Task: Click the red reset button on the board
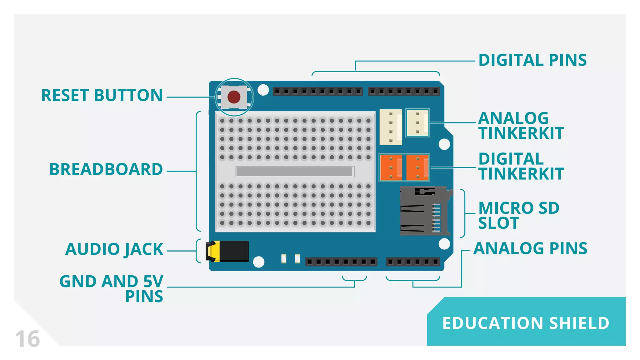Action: [x=234, y=97]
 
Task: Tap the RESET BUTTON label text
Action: [x=102, y=95]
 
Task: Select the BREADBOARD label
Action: [x=106, y=169]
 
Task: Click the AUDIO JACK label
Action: [x=114, y=249]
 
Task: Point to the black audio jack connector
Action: [x=228, y=251]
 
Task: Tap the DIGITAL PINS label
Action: [x=532, y=60]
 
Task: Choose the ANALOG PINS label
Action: [x=530, y=249]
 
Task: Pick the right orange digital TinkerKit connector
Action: [x=418, y=168]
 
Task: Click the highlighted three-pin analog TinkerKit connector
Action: [x=417, y=123]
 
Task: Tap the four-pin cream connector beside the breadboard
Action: [x=391, y=127]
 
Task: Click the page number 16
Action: [x=27, y=339]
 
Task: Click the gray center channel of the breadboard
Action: [x=295, y=171]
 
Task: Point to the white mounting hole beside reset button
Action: [x=263, y=90]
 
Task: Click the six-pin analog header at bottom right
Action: [x=412, y=262]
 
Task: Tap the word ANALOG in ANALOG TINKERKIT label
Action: [x=513, y=118]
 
